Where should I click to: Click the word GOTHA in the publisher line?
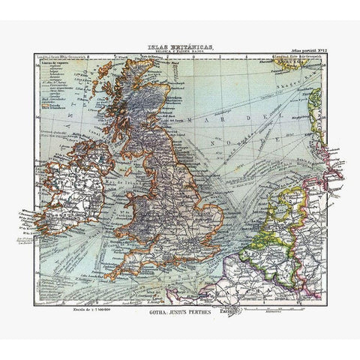pos(157,311)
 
